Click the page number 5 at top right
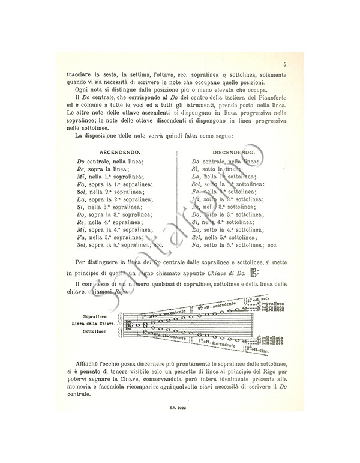tap(284, 65)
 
